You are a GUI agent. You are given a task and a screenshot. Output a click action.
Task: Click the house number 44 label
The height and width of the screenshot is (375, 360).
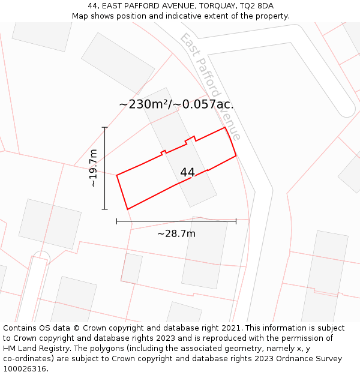[x=187, y=172]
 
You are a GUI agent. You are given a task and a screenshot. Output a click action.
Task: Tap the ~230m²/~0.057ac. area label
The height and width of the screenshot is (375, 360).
[x=176, y=104]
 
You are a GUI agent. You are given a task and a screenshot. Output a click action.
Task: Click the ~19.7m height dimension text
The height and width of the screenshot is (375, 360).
[x=93, y=169]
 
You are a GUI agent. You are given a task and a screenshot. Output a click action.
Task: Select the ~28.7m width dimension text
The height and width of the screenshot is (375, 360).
[x=176, y=233]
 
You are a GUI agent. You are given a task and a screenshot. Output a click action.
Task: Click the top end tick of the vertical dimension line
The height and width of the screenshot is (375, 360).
[x=105, y=127]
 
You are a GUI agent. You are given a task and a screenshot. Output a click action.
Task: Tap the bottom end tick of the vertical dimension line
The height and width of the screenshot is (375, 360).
[x=105, y=209]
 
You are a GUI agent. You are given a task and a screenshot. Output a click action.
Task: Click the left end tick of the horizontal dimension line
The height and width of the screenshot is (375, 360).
[x=116, y=221]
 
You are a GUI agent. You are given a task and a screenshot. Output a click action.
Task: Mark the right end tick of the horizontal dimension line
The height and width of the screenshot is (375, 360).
[x=236, y=221]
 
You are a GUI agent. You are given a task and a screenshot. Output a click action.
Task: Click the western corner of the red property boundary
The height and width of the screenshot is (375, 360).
[x=116, y=175]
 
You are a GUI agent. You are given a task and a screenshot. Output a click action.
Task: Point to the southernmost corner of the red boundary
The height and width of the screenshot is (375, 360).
[x=128, y=209]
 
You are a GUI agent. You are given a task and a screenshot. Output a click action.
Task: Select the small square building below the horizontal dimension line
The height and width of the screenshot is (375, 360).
[x=131, y=268]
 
